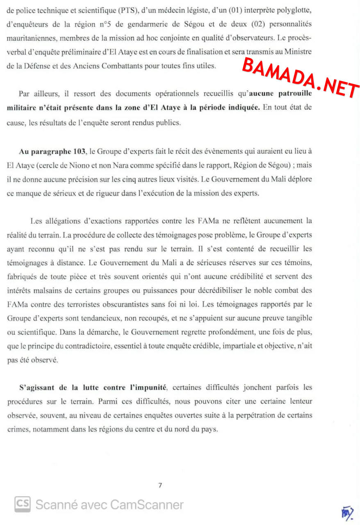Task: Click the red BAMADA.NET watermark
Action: [x=301, y=78]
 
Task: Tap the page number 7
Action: [x=160, y=486]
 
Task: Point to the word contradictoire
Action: [x=85, y=346]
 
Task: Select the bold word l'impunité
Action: [x=146, y=387]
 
